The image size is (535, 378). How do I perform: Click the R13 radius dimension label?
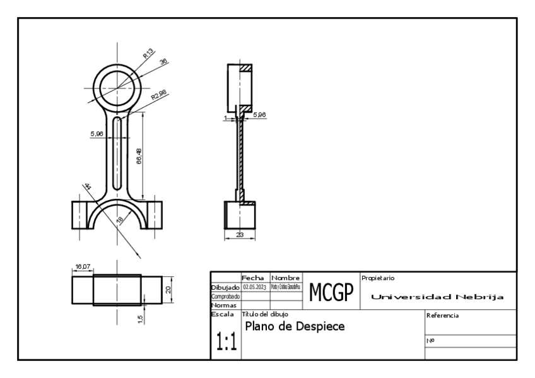tap(148, 54)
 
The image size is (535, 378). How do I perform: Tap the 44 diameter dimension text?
tap(87, 187)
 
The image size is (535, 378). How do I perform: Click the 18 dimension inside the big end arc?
tap(121, 220)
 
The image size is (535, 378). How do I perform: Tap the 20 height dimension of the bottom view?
tap(168, 290)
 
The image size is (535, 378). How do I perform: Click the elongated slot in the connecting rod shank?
tap(117, 151)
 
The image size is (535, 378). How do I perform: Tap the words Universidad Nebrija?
tap(438, 297)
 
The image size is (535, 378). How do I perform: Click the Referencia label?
tap(443, 315)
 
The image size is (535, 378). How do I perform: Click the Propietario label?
tap(378, 278)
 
